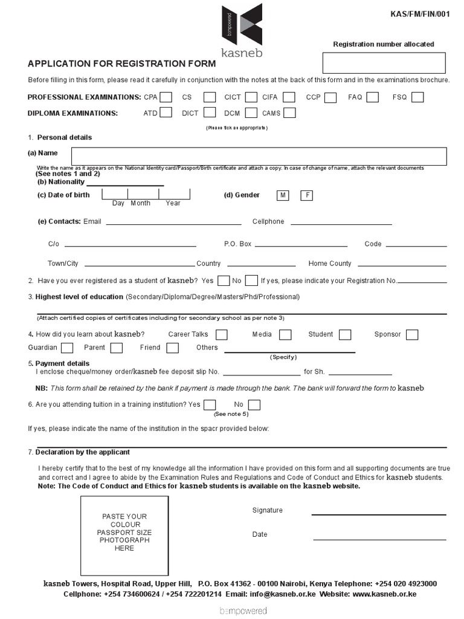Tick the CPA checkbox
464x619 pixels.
(166, 97)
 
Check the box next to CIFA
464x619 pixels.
(289, 97)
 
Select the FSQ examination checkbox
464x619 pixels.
(417, 97)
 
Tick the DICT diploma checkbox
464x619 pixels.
(210, 112)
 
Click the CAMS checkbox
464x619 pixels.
(289, 112)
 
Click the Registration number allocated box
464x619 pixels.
(384, 63)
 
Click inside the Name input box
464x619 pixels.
(259, 156)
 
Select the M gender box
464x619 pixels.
(282, 195)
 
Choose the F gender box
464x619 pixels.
(307, 195)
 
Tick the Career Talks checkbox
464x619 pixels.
(222, 334)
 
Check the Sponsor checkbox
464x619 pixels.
(412, 334)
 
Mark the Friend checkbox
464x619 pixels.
(173, 348)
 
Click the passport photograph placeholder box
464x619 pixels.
(124, 536)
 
